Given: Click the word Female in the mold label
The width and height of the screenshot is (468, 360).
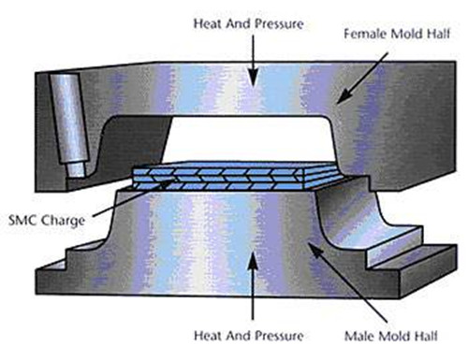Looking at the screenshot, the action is coord(365,34).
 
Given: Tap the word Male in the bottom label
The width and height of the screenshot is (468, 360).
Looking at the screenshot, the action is coord(358,336).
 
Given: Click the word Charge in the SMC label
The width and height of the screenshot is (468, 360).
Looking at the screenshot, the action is coord(63,221).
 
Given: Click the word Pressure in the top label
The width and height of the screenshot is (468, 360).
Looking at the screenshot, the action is coord(280,24).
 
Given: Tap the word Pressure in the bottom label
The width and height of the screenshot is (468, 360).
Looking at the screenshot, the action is coord(280,336).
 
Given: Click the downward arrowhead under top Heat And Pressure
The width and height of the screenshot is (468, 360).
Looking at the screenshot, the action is coord(254,78).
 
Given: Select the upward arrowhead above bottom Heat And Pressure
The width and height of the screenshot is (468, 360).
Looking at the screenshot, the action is coord(253,263).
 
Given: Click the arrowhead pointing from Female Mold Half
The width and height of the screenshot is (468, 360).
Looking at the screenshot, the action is coord(344,96).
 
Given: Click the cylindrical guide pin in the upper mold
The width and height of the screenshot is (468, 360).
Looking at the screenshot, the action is coord(69,124).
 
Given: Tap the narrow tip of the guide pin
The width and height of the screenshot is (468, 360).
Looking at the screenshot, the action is coord(75,169).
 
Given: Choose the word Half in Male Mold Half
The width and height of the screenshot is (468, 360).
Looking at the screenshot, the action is coord(426,336).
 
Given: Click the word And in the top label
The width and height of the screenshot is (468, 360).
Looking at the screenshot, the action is coord(238,24).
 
